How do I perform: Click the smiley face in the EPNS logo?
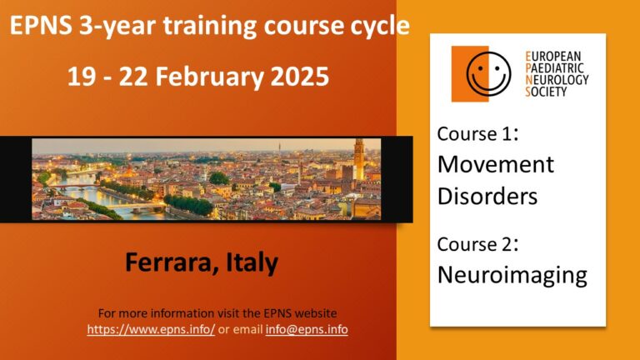[488, 74]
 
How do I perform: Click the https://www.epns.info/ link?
[151, 329]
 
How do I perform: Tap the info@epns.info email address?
[307, 329]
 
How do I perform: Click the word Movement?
[496, 164]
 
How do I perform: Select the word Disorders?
[487, 196]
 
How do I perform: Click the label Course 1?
[477, 134]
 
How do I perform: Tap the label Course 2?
[477, 244]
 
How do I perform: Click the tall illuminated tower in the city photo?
[359, 159]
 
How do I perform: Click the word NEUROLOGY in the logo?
[557, 80]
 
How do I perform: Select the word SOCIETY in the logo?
[546, 92]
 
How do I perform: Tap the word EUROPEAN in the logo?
[553, 56]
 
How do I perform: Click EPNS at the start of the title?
[40, 25]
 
